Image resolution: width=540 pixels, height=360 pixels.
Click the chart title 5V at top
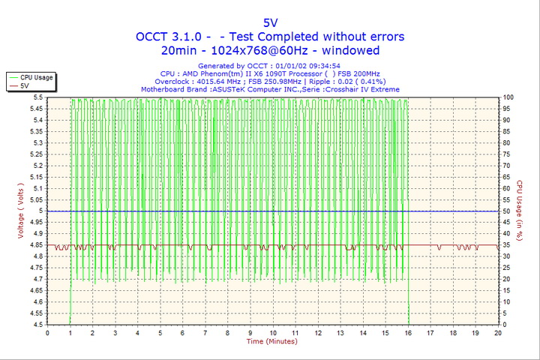(x=270, y=22)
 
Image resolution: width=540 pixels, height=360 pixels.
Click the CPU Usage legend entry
(x=36, y=77)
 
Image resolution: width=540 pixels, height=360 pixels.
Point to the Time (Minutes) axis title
(x=272, y=341)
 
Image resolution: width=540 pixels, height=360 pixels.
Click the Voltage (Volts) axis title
(x=20, y=211)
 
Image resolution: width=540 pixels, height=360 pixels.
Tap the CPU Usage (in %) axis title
(x=519, y=211)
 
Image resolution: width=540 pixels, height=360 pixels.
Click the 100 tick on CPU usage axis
(x=508, y=97)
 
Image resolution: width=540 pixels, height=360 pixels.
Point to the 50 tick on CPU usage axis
(x=507, y=211)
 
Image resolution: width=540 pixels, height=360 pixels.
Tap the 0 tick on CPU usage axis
(x=505, y=325)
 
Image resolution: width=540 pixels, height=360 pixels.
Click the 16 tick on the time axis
(x=408, y=333)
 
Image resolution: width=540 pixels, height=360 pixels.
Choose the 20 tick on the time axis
(x=498, y=333)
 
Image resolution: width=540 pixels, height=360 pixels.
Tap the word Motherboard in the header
(x=165, y=89)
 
